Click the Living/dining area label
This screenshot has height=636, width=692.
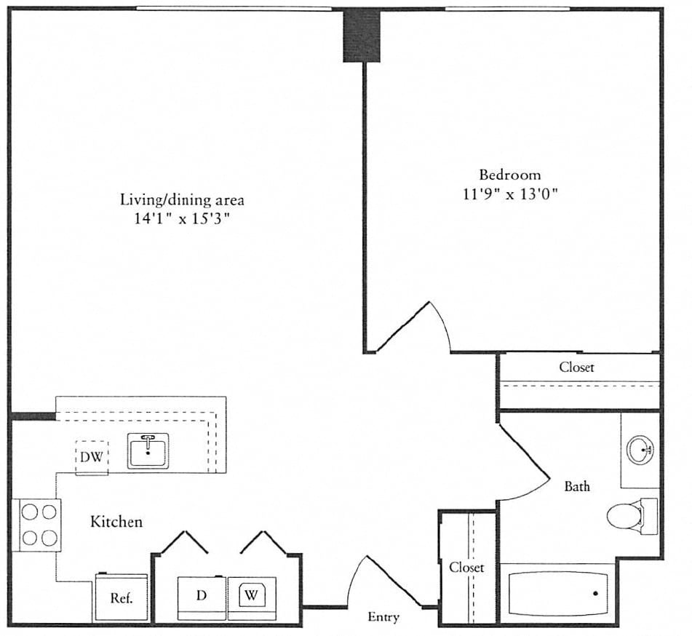[181, 199]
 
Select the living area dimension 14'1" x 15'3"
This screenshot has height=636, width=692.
[181, 218]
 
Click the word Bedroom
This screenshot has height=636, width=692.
[509, 175]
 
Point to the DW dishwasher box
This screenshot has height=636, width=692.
[92, 458]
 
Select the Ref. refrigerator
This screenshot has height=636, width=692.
[120, 598]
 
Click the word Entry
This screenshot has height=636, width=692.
[383, 617]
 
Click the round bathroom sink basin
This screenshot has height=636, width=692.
[640, 449]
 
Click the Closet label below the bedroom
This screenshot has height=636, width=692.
[576, 367]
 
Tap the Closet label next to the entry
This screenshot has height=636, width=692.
[466, 567]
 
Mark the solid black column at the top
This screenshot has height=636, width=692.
[362, 35]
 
